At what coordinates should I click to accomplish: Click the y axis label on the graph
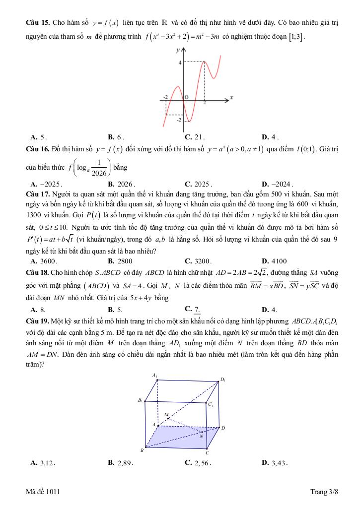(x=177, y=50)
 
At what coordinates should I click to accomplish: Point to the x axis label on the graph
(x=231, y=97)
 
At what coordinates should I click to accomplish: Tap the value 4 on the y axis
(x=180, y=62)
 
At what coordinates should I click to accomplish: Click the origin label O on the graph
(x=186, y=98)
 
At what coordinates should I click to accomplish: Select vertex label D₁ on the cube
(x=223, y=380)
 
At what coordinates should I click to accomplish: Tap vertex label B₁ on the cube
(x=141, y=400)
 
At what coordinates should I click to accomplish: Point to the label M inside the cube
(x=166, y=414)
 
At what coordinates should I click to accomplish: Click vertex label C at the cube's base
(x=208, y=453)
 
